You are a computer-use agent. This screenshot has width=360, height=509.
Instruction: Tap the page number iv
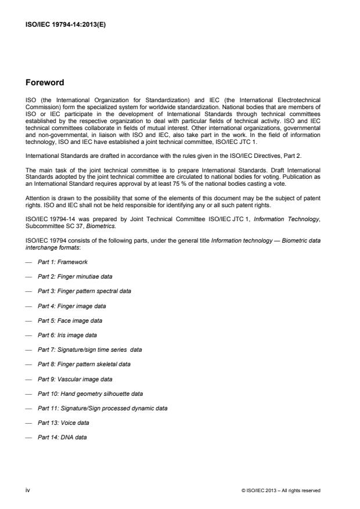(27, 490)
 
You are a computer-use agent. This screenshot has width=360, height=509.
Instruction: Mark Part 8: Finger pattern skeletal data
(84, 364)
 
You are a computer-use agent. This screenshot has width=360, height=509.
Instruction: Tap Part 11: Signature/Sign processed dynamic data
(102, 408)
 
